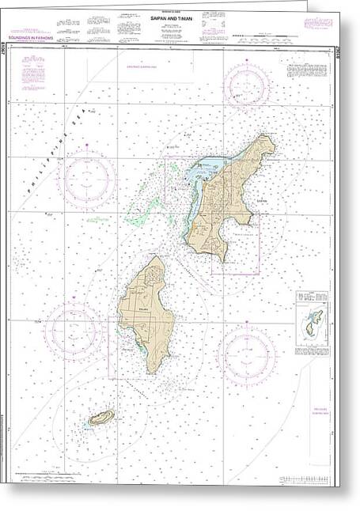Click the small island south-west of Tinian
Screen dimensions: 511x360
pyautogui.click(x=100, y=418)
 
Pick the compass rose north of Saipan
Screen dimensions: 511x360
pyautogui.click(x=246, y=85)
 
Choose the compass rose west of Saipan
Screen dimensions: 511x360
pyautogui.click(x=89, y=180)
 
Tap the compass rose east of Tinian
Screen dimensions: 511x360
pyautogui.click(x=246, y=354)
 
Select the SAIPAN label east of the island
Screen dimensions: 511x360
pyautogui.click(x=263, y=201)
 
